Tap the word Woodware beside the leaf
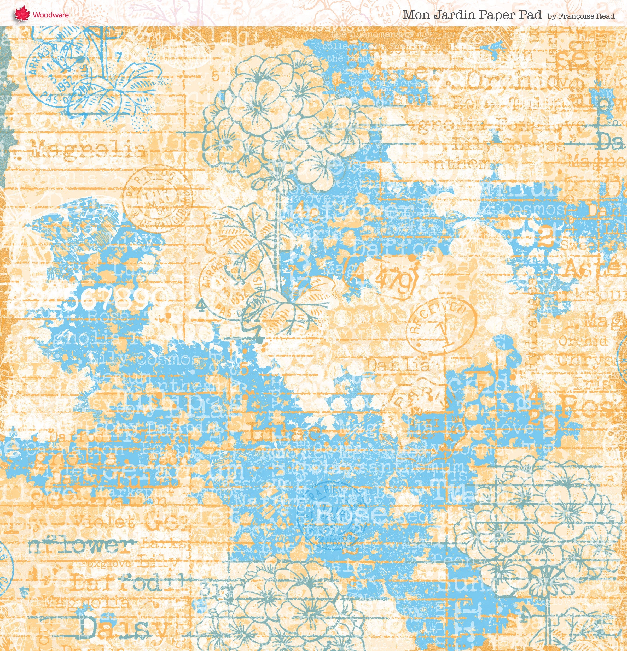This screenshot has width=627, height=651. point(50,15)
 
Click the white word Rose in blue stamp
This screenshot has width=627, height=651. point(349,513)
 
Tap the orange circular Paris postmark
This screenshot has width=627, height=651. point(158,199)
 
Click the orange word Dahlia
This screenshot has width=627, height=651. point(398,365)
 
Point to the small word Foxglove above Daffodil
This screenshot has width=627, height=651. point(106,563)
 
